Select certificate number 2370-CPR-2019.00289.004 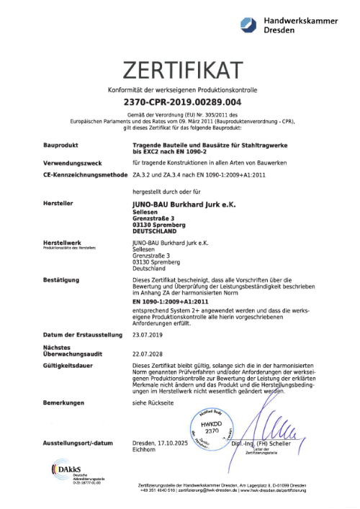179,102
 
